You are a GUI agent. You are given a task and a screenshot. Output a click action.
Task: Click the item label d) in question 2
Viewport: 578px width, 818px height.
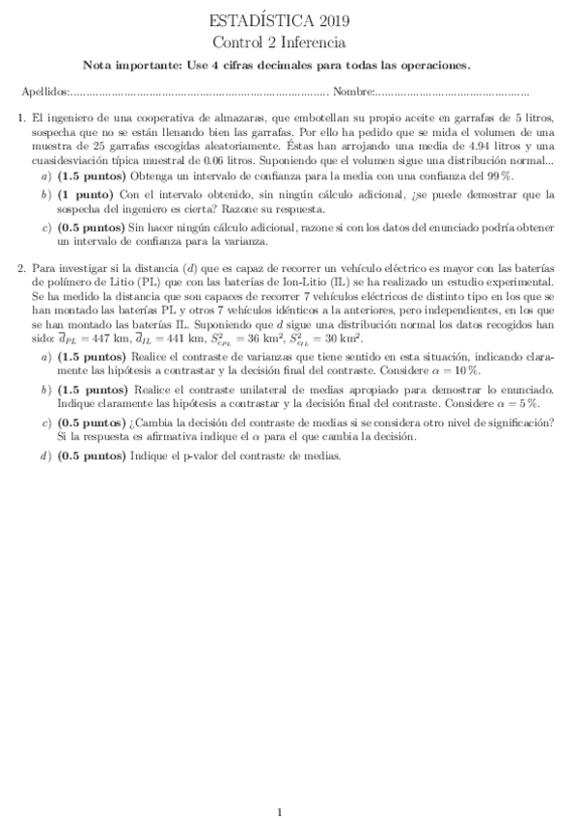pos(46,455)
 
